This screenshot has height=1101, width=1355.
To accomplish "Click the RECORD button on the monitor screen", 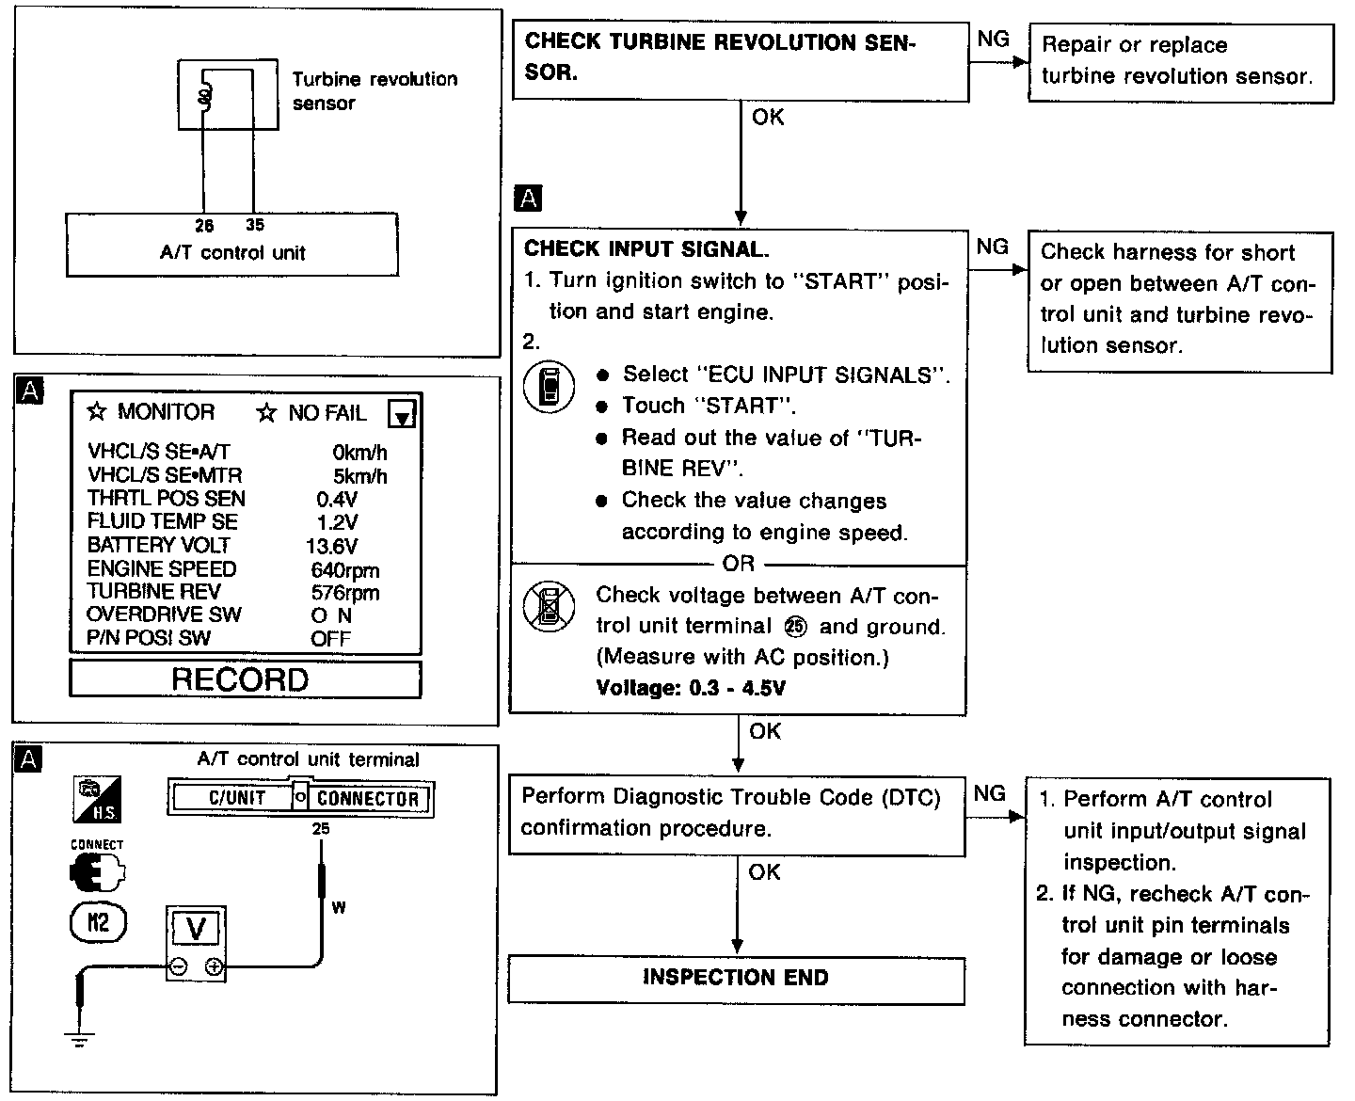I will click(x=245, y=679).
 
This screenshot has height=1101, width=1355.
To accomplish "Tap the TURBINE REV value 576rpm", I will click(x=344, y=592).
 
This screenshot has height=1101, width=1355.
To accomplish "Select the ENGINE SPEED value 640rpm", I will click(x=344, y=569).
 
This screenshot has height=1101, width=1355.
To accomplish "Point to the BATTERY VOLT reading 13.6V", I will click(x=331, y=546).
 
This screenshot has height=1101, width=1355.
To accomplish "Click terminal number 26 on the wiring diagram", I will click(x=204, y=225).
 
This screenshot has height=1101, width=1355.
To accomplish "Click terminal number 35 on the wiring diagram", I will click(x=255, y=225).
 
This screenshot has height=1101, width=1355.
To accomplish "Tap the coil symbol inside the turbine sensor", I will click(x=203, y=95).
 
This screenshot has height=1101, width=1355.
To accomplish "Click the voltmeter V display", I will click(x=196, y=929).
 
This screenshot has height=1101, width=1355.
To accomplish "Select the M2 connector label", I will click(x=98, y=921).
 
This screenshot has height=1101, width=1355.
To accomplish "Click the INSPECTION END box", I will click(x=736, y=979).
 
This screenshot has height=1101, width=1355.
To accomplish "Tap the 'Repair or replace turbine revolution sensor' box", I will click(x=1180, y=62).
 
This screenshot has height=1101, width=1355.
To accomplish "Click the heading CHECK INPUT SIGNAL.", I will click(x=646, y=249).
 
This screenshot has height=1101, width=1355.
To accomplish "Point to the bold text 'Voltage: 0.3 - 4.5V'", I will click(x=691, y=688).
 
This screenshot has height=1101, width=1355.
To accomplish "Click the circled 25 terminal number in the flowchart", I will click(x=795, y=627).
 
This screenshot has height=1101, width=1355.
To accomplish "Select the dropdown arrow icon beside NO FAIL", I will click(x=402, y=414).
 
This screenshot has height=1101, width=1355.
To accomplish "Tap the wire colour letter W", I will click(x=339, y=908).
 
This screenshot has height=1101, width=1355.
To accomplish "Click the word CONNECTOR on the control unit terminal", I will click(x=367, y=799).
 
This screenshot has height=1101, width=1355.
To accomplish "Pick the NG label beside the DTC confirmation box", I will click(x=989, y=793).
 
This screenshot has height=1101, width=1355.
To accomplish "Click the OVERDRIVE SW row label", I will click(x=164, y=614).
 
